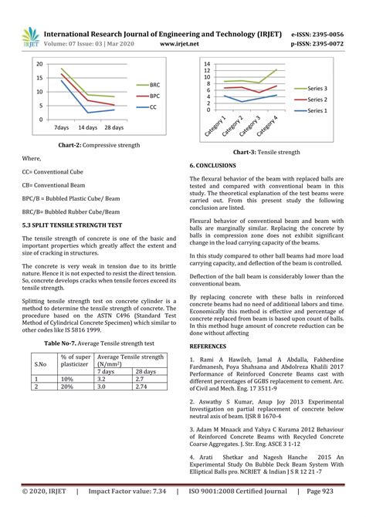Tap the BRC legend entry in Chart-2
(154, 84)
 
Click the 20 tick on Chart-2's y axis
(39, 79)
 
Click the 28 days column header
(147, 371)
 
